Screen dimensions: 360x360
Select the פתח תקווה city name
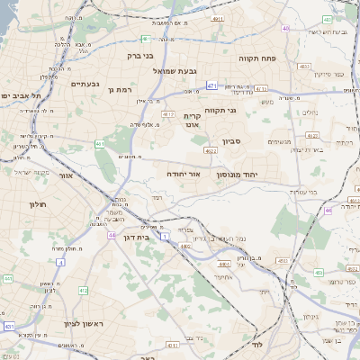(x=256, y=58)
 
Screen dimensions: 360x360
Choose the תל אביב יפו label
(x=17, y=95)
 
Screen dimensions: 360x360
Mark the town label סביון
(x=232, y=141)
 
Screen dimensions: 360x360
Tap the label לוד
(x=256, y=346)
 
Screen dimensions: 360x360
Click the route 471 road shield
(x=211, y=86)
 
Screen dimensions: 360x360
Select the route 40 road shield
(x=285, y=28)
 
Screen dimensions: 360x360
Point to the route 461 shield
(x=99, y=144)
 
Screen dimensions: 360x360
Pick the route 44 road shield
(x=112, y=235)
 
